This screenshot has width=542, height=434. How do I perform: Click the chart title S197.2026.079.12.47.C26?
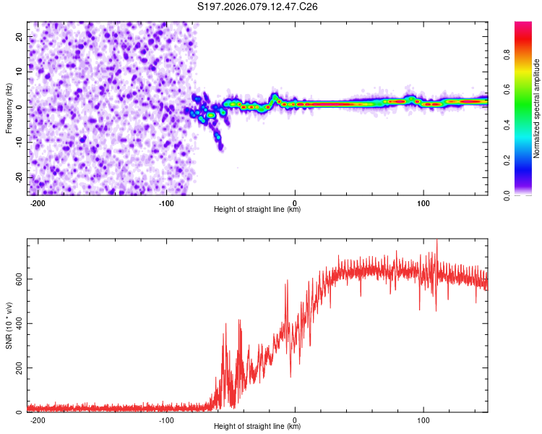coord(258,7)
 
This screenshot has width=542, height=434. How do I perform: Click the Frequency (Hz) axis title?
coord(9,109)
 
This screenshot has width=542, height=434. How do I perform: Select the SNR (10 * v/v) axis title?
coord(9,325)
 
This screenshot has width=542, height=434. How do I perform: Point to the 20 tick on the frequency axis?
coord(20,36)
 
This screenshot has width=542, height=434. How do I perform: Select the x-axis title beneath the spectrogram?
coord(257,210)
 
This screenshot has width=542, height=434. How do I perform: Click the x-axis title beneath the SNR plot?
coord(257,427)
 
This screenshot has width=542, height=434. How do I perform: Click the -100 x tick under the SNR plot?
coord(166,420)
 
